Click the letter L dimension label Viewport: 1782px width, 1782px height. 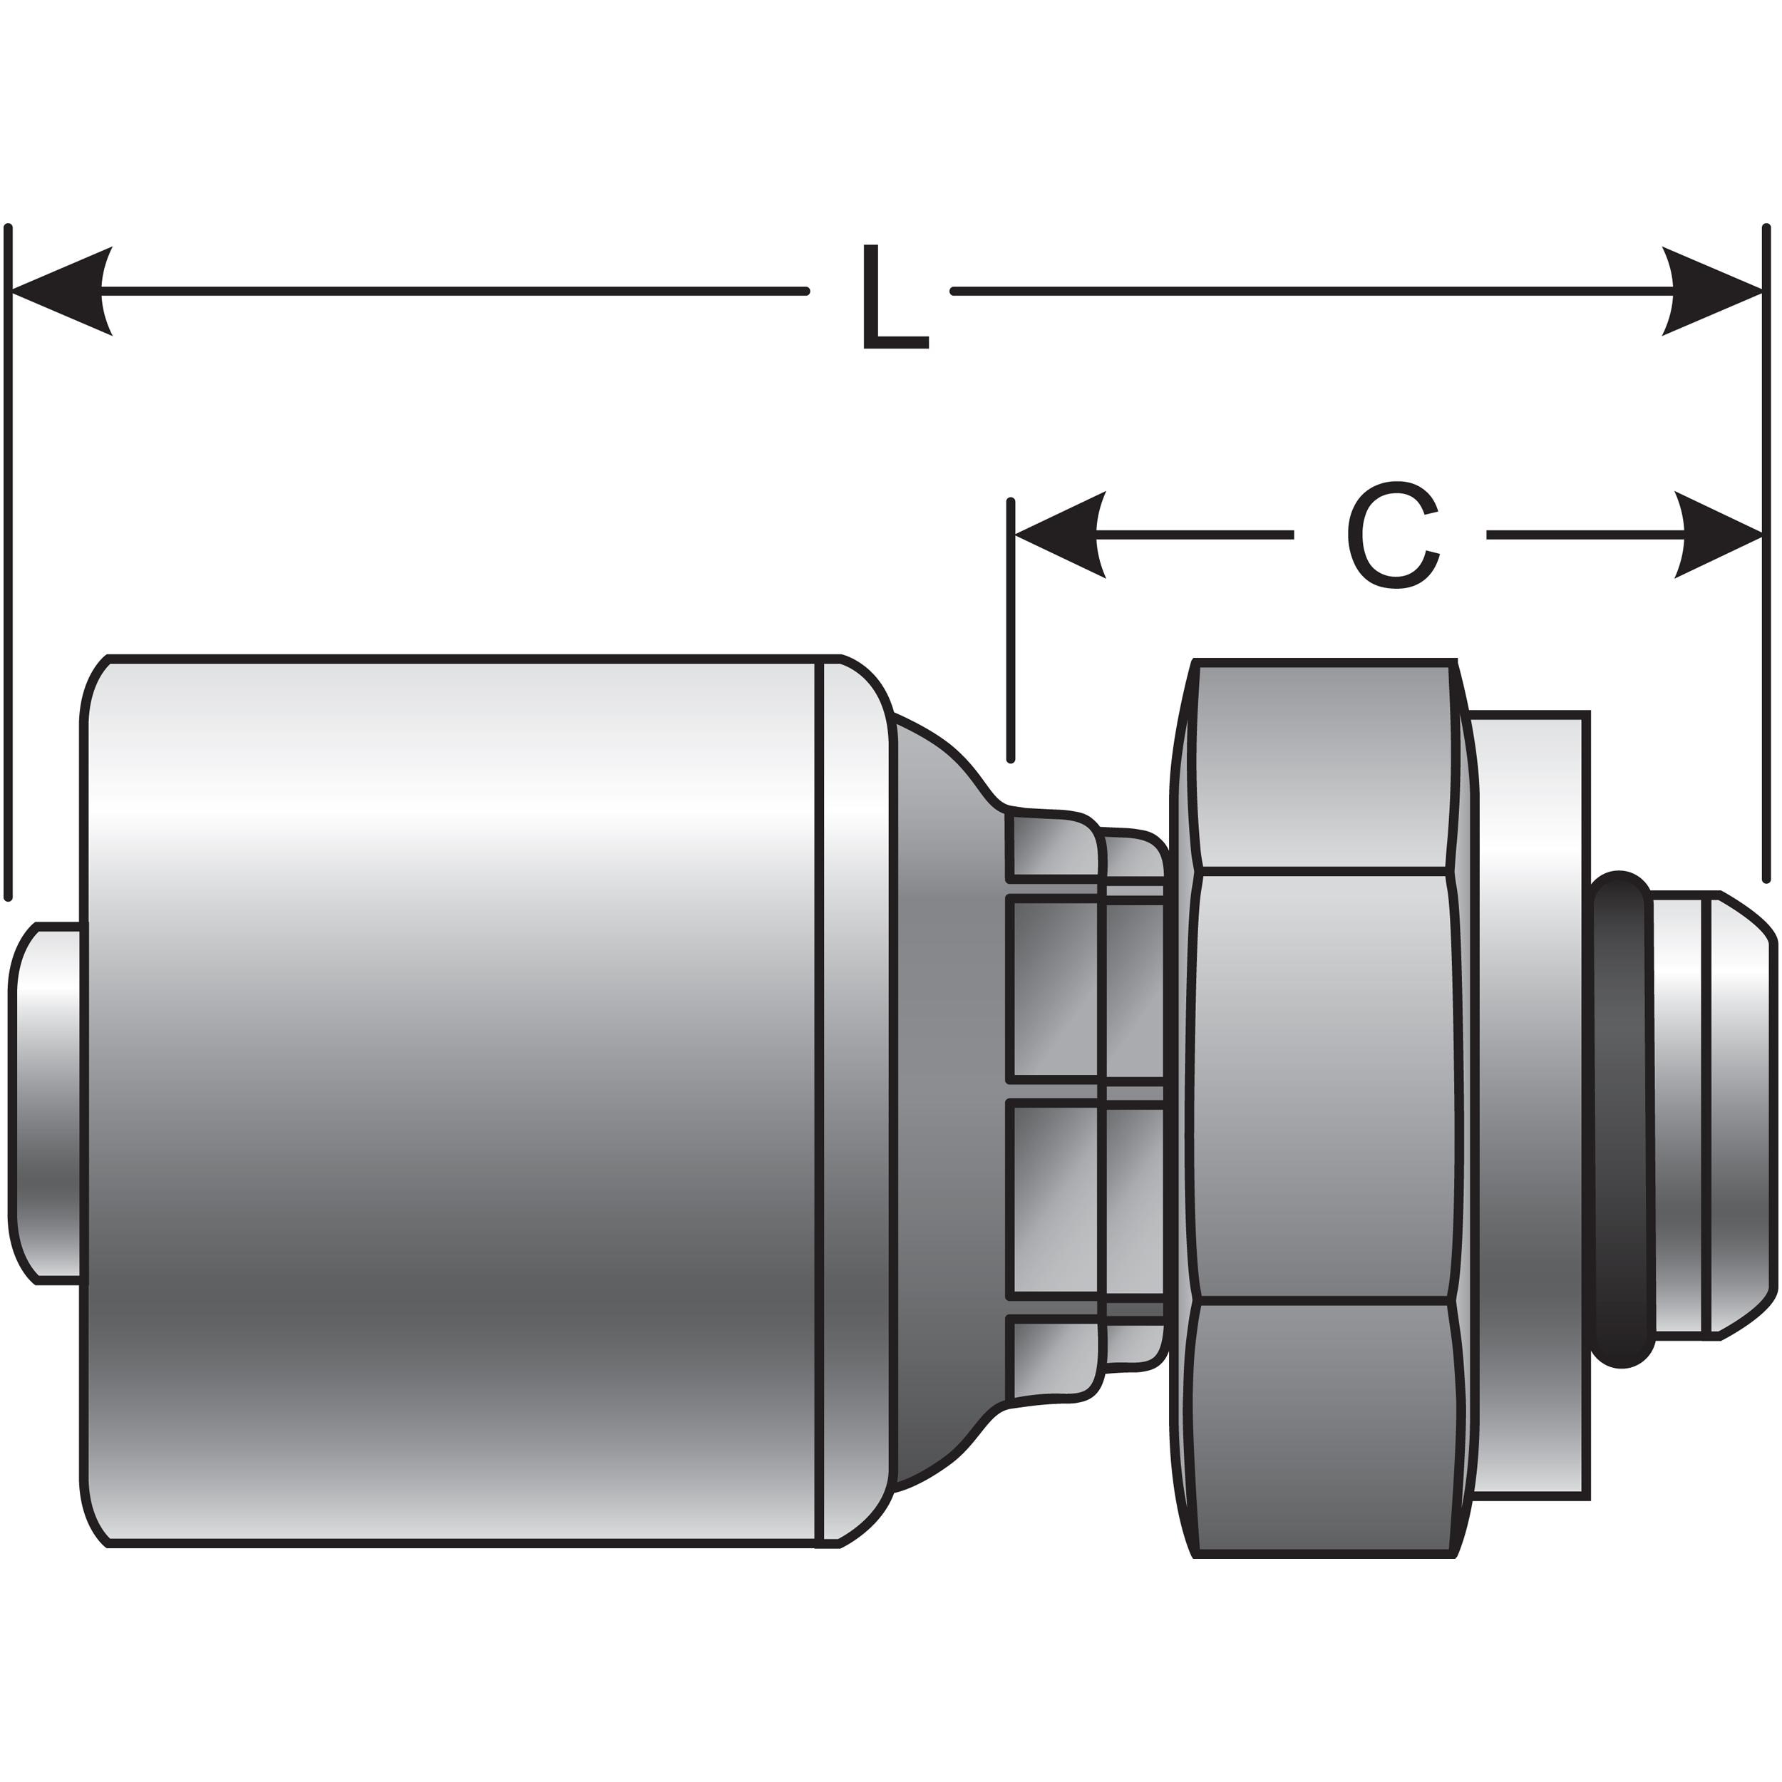click(894, 297)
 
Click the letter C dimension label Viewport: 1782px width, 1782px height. click(1394, 535)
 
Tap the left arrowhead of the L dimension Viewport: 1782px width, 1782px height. click(60, 292)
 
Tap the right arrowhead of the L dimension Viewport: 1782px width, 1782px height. click(1712, 292)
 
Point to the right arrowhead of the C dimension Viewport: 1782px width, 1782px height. click(1717, 535)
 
